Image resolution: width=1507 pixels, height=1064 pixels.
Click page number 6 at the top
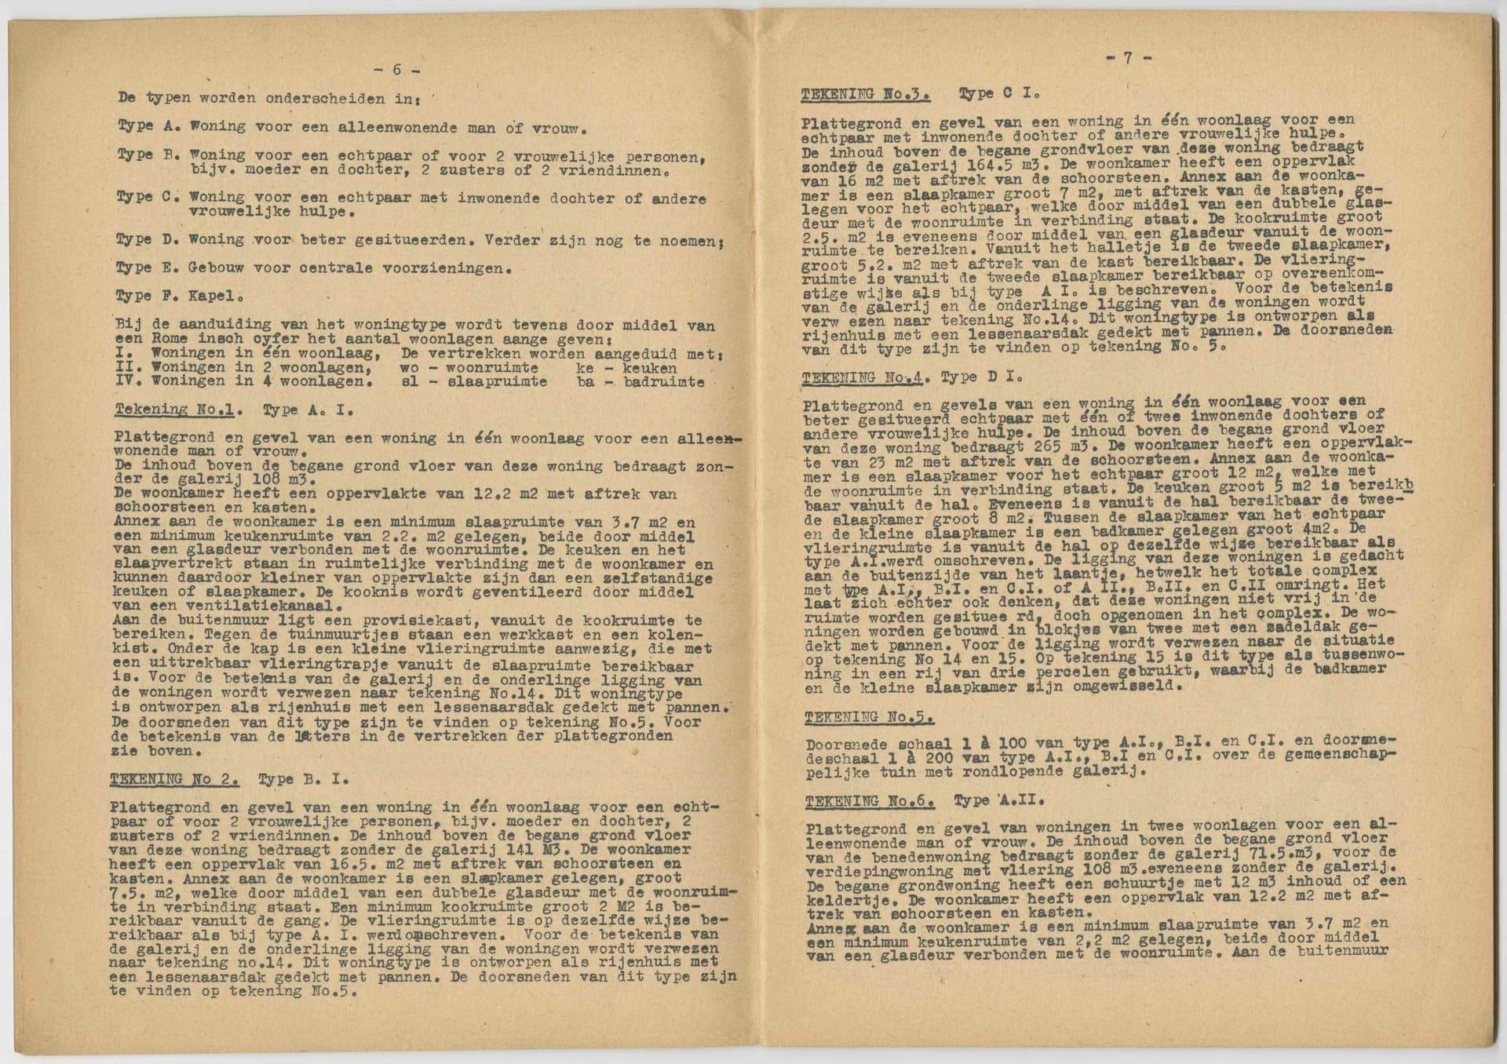tap(396, 70)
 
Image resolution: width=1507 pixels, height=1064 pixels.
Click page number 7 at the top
tap(1128, 58)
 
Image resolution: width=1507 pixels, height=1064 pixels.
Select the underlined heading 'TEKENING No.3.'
tap(865, 94)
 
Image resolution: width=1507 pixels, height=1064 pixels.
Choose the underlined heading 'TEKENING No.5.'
tap(869, 717)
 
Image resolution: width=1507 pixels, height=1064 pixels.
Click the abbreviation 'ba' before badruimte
tap(585, 382)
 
